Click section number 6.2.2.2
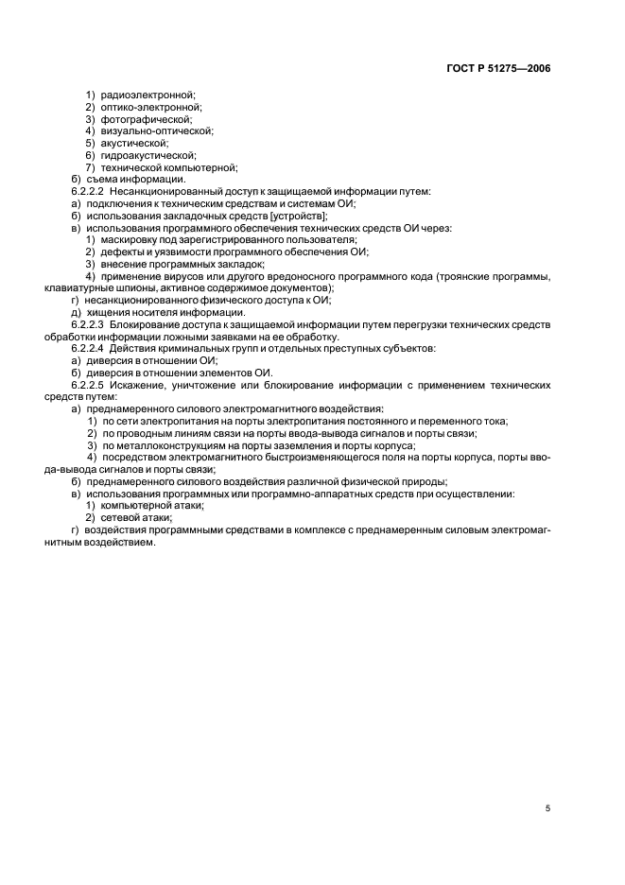point(89,191)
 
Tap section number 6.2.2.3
point(89,324)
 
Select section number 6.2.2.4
point(89,348)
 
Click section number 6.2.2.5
point(89,385)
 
